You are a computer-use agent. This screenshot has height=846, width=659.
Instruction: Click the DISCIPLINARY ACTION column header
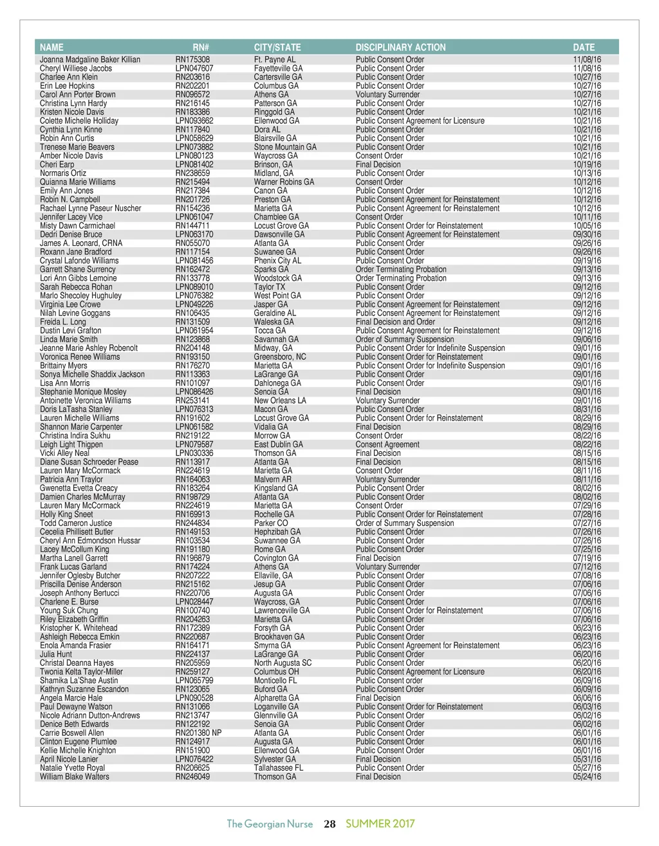coord(400,47)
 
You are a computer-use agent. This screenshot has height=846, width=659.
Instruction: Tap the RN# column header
coord(201,47)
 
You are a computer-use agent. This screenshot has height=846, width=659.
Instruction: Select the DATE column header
coord(584,47)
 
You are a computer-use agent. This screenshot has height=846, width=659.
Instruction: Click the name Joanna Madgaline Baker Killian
coord(90,59)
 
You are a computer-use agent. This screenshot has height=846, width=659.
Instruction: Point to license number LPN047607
coord(194,68)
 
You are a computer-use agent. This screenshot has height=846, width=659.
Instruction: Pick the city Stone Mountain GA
coord(285,147)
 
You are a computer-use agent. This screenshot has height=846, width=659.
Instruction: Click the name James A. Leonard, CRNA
coord(81,243)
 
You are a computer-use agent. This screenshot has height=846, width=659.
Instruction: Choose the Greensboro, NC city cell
coord(280,357)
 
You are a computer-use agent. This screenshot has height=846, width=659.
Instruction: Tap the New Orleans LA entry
coord(280,400)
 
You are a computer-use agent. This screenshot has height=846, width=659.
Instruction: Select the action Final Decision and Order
coord(395,322)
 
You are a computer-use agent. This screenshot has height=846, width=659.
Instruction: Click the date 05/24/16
coord(587,776)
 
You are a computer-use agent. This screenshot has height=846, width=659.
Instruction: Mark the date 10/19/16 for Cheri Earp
coord(587,164)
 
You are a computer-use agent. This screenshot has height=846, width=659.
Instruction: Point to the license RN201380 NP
coord(198,733)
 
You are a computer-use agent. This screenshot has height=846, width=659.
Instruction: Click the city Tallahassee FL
coord(279,767)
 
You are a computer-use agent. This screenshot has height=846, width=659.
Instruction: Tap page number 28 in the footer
coord(329,824)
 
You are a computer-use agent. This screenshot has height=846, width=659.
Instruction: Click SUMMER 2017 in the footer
coord(380,823)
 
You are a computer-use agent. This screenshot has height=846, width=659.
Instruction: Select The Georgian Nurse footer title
coord(270,824)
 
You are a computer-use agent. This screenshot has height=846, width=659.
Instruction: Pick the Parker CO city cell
coord(271,523)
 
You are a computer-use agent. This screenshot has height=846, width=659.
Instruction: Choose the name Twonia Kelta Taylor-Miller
coord(81,672)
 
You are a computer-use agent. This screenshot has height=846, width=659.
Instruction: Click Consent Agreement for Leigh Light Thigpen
coord(387,444)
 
